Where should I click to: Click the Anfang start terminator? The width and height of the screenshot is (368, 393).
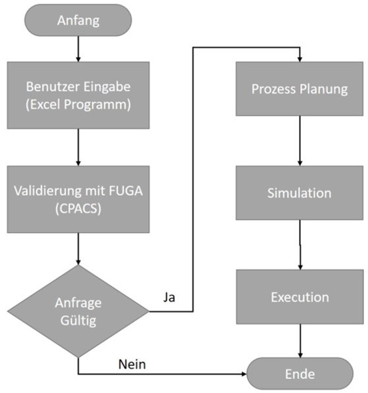78,20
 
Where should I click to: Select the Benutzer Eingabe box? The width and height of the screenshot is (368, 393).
78,95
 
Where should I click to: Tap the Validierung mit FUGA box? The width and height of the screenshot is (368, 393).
78,199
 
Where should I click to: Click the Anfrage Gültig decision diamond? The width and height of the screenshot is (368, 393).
78,312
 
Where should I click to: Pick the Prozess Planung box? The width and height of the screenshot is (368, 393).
300,89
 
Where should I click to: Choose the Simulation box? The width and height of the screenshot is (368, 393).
300,193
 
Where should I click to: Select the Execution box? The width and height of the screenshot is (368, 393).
300,297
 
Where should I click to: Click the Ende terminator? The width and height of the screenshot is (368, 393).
300,373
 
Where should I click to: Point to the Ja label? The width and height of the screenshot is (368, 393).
169,298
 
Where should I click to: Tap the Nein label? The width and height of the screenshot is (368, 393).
132,365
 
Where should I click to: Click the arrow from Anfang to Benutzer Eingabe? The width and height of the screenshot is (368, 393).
78,49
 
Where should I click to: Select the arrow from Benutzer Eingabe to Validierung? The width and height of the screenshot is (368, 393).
78,147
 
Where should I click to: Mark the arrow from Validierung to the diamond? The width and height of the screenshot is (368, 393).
78,249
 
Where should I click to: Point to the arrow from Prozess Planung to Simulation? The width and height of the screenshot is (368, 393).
300,141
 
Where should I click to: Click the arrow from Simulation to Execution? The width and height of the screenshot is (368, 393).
300,245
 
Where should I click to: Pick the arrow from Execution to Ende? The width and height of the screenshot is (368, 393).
300,341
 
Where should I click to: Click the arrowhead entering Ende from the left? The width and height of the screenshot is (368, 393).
244,374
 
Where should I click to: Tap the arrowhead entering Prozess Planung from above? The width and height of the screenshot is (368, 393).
300,59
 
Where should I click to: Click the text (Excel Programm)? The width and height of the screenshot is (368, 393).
78,104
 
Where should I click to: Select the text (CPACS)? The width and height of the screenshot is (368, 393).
78,208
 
